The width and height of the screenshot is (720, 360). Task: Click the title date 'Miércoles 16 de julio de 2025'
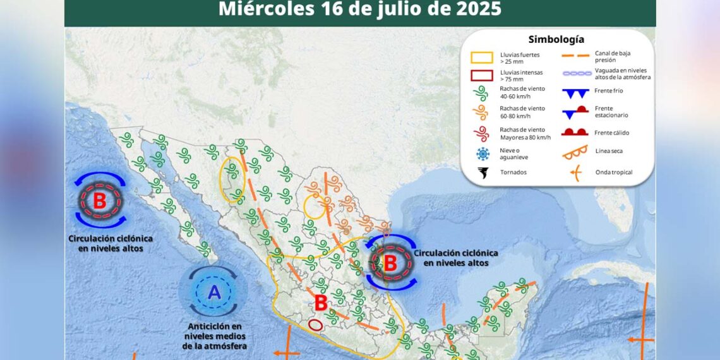click(x=360, y=9)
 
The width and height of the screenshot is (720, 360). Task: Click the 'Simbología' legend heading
click(x=556, y=39)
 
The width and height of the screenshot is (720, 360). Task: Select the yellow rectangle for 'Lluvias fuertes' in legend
click(x=481, y=57)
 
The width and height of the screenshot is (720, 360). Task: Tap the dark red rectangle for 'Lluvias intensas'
click(x=481, y=76)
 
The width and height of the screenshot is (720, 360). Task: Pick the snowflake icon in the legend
click(x=483, y=153)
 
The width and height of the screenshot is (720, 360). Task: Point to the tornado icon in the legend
click(x=483, y=172)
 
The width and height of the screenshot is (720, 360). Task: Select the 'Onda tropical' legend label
click(x=613, y=172)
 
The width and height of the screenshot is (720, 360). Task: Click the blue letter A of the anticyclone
click(x=215, y=292)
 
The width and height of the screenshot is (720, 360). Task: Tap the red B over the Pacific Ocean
click(x=100, y=201)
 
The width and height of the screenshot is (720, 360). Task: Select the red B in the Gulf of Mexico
click(x=390, y=260)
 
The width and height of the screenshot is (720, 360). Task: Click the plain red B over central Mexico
click(x=320, y=303)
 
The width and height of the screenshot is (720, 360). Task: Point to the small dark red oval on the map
click(x=315, y=325)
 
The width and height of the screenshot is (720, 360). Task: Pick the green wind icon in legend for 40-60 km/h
click(x=481, y=93)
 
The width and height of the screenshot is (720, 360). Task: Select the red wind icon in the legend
click(x=481, y=133)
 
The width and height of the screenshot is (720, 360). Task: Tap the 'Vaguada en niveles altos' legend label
click(x=622, y=73)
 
